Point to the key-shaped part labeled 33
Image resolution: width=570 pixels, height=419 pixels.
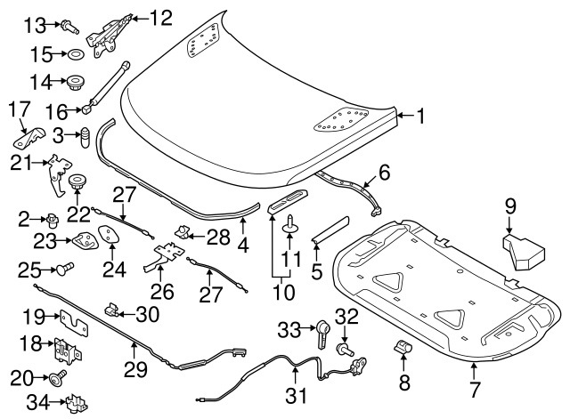[322, 334]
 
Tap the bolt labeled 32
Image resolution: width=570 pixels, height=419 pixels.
[342, 351]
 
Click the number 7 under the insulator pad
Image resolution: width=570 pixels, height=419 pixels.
[475, 388]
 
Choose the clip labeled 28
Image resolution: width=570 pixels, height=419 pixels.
[183, 234]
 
